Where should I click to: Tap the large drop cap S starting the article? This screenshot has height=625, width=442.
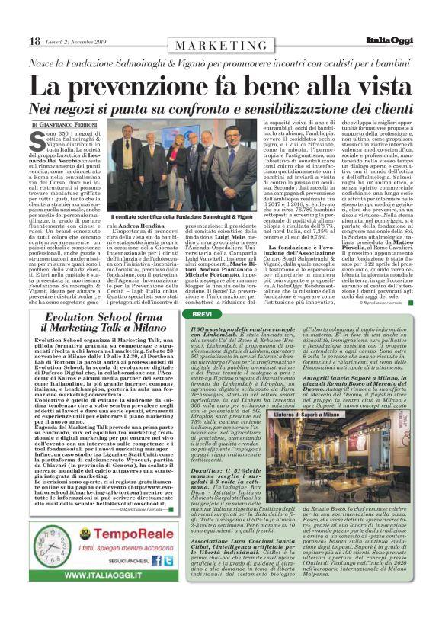tap(37, 141)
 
